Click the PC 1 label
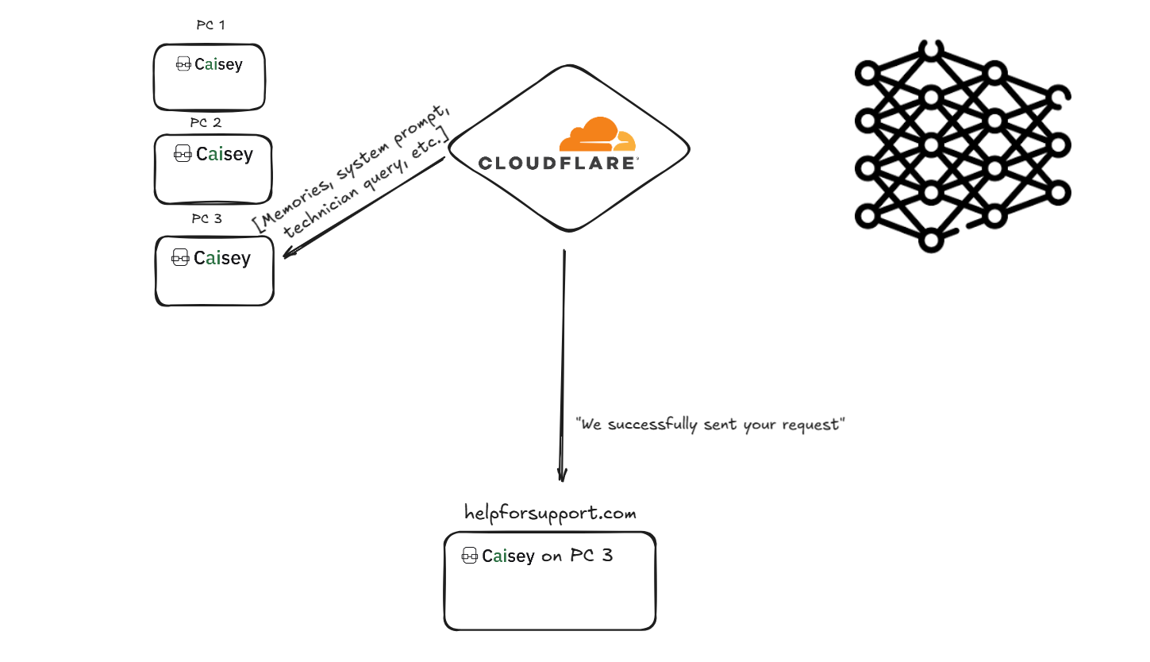pyautogui.click(x=210, y=25)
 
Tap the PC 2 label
pyautogui.click(x=206, y=122)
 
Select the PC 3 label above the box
pyautogui.click(x=206, y=218)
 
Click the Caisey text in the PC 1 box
pyautogui.click(x=218, y=64)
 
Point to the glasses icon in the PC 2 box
pyautogui.click(x=183, y=153)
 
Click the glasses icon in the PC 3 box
pyautogui.click(x=180, y=257)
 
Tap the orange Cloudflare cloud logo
pyautogui.click(x=598, y=133)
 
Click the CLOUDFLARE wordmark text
pyautogui.click(x=558, y=164)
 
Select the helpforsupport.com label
pyautogui.click(x=550, y=513)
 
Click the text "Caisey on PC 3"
pyautogui.click(x=548, y=556)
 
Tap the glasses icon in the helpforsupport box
pyautogui.click(x=469, y=555)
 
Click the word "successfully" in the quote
pyautogui.click(x=652, y=424)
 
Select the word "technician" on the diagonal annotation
pyautogui.click(x=321, y=210)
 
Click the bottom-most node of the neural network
pyautogui.click(x=931, y=241)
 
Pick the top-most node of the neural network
pyautogui.click(x=931, y=50)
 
